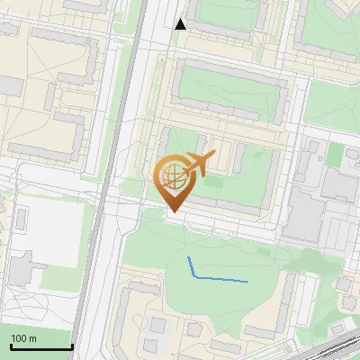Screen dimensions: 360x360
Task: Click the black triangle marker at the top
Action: click(x=180, y=24)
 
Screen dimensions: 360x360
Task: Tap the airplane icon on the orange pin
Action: click(x=198, y=163)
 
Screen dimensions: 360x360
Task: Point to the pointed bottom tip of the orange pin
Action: click(x=171, y=211)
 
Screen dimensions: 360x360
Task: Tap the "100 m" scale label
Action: click(x=23, y=338)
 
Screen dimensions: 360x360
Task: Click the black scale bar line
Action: click(x=40, y=347)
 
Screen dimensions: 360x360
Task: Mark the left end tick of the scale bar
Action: click(x=10, y=345)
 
